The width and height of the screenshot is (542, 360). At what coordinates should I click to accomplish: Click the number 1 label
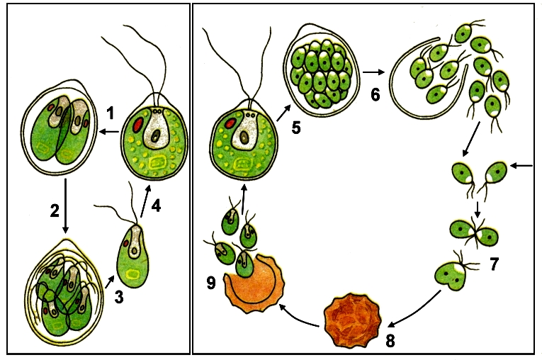[111, 113]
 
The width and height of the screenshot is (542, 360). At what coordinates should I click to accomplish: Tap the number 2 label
[55, 210]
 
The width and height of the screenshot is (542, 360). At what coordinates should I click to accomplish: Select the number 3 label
[119, 297]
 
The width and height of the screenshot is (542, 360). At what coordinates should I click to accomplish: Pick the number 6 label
[375, 94]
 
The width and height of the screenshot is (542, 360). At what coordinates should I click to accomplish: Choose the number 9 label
[211, 283]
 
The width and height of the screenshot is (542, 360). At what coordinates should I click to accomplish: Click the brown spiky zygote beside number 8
[353, 320]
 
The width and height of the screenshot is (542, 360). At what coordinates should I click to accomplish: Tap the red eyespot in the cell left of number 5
[230, 123]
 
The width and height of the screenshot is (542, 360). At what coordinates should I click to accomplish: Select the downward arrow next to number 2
[65, 206]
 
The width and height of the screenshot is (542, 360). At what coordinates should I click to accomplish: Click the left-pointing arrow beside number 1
[109, 131]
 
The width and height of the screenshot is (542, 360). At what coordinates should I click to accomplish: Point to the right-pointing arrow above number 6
[374, 72]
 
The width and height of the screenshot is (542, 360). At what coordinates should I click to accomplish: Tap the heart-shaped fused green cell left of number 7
[450, 275]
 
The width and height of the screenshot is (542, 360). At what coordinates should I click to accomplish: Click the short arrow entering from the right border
[521, 166]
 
